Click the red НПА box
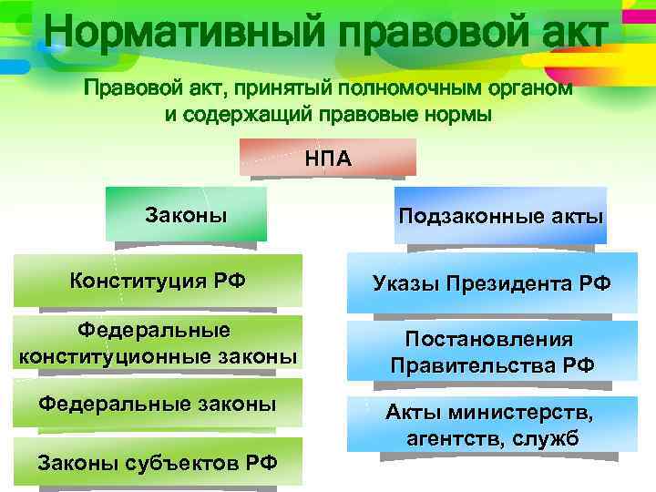(328, 157)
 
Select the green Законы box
(186, 214)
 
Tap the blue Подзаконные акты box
(500, 215)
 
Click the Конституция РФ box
(158, 281)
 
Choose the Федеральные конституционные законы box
(158, 343)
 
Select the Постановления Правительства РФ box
(491, 353)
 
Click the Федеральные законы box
(158, 405)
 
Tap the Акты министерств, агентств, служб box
(491, 425)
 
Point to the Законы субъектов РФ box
(158, 463)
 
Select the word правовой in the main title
(415, 34)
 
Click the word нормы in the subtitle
(457, 116)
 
